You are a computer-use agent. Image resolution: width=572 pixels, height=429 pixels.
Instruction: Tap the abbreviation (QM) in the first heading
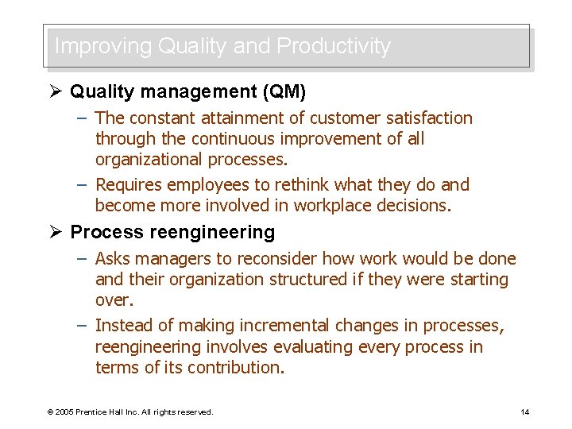[x=284, y=92]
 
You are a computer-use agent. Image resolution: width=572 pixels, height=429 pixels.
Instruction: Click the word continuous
[x=230, y=139]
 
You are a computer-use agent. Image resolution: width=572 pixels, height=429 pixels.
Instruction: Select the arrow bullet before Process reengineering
[x=55, y=233]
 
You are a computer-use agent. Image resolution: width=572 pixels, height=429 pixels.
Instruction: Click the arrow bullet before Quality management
[x=55, y=92]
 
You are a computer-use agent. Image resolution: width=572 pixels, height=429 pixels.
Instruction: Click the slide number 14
[x=524, y=412]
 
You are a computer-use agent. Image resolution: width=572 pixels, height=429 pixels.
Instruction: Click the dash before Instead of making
[x=83, y=326]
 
